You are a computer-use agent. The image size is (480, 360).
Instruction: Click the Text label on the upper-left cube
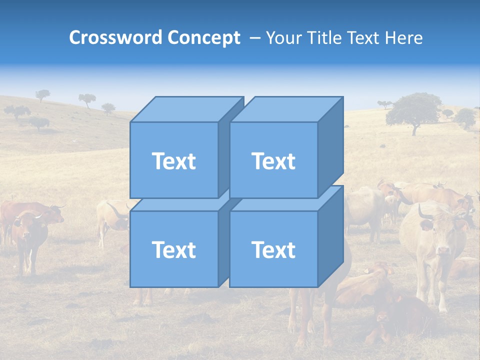(x=173, y=161)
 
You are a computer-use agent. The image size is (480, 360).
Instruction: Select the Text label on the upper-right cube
(x=273, y=161)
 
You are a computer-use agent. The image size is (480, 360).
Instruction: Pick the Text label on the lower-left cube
(x=173, y=249)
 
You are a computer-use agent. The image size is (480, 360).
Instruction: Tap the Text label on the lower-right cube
(x=273, y=249)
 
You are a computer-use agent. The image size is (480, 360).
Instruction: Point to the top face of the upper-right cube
(x=286, y=109)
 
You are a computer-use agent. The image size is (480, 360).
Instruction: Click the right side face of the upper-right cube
(x=330, y=147)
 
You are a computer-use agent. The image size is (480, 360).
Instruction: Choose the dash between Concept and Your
(x=254, y=37)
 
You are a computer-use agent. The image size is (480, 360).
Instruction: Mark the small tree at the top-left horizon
(x=43, y=94)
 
